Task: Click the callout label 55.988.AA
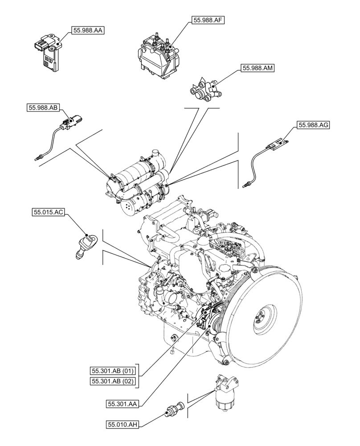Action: pyautogui.click(x=87, y=30)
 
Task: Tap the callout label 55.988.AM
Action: pyautogui.click(x=258, y=68)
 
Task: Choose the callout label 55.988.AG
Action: pyautogui.click(x=313, y=125)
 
